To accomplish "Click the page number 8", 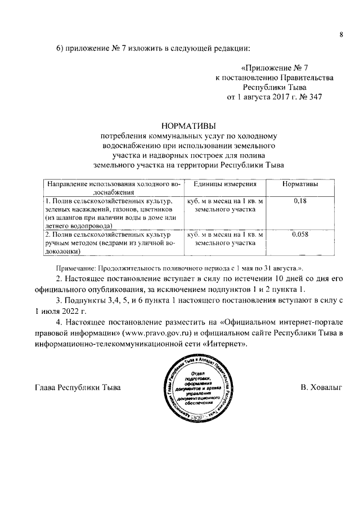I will [x=341, y=35].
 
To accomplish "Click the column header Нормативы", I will [x=300, y=184].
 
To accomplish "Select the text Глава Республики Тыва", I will [x=78, y=388].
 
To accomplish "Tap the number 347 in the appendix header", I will [x=314, y=97].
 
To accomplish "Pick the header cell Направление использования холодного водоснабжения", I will [x=113, y=187].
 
